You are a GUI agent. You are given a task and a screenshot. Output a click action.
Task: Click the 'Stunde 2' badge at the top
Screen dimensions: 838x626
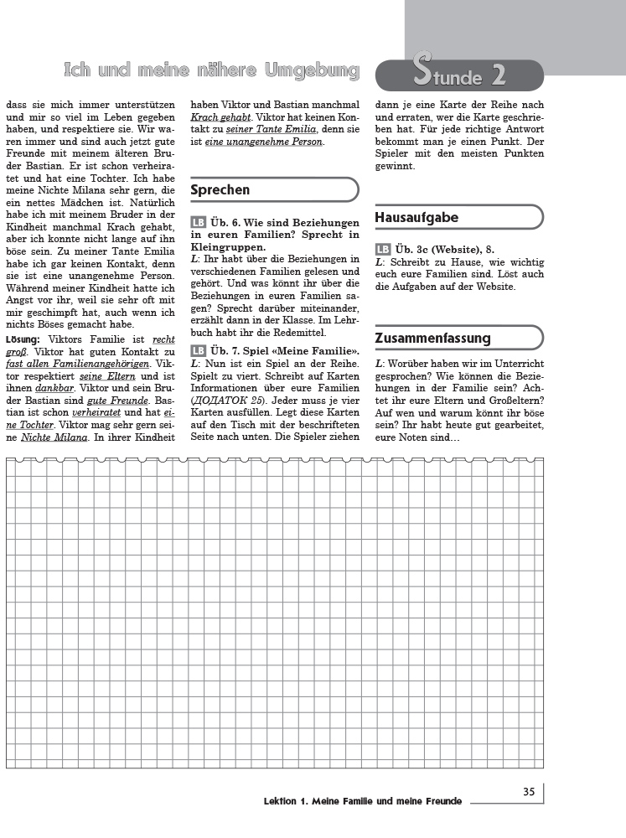click(x=459, y=75)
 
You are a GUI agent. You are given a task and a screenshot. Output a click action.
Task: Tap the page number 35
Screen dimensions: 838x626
click(x=529, y=792)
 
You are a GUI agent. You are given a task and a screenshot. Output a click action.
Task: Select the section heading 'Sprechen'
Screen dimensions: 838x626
click(x=220, y=190)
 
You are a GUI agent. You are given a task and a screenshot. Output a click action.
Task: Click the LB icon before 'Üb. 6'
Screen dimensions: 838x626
click(x=199, y=223)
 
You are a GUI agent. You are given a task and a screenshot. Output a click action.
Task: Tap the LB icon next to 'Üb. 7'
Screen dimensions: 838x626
click(x=199, y=350)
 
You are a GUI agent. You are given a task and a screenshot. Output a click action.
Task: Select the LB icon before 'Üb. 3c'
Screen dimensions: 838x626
click(x=383, y=250)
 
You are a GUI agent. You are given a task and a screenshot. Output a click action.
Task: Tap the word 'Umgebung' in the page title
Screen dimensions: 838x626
click(x=313, y=71)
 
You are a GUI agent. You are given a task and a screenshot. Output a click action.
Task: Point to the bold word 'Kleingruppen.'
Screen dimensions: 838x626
click(x=228, y=248)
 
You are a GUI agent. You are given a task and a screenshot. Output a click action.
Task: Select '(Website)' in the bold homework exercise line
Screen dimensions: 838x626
click(x=454, y=250)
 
